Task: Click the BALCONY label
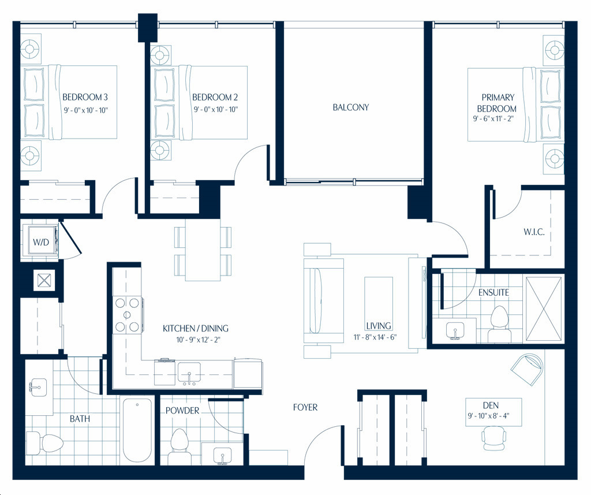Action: pyautogui.click(x=350, y=107)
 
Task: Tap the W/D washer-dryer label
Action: pyautogui.click(x=41, y=242)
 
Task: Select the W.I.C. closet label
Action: pyautogui.click(x=534, y=232)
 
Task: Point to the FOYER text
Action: pyautogui.click(x=305, y=407)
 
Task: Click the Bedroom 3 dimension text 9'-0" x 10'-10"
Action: pyautogui.click(x=85, y=110)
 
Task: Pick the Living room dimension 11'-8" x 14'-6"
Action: pyautogui.click(x=375, y=337)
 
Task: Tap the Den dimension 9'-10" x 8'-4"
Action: pyautogui.click(x=489, y=416)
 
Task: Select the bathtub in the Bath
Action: pyautogui.click(x=137, y=430)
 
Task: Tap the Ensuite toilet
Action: pyautogui.click(x=500, y=324)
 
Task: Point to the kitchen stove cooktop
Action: pyautogui.click(x=128, y=315)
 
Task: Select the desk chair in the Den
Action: pyautogui.click(x=494, y=438)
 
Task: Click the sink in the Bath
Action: pyautogui.click(x=38, y=388)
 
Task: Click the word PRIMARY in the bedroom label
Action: pyautogui.click(x=498, y=98)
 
